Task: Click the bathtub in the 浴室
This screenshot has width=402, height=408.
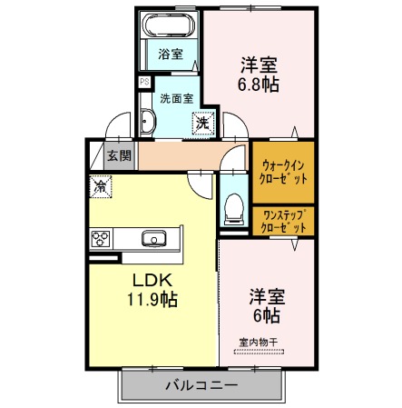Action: (x=169, y=25)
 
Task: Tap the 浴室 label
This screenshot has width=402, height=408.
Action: (x=171, y=55)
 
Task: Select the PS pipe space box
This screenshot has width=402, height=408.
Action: (x=144, y=82)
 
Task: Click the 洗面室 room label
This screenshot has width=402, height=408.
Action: (x=177, y=98)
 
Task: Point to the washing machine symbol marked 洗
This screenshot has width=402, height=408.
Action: (x=203, y=124)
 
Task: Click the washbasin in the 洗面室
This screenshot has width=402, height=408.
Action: (x=148, y=122)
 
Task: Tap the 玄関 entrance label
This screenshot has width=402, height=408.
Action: (x=120, y=155)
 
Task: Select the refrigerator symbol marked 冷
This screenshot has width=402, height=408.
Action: (x=101, y=187)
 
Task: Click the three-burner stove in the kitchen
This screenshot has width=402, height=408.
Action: (x=101, y=239)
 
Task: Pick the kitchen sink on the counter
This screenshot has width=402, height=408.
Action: (x=154, y=238)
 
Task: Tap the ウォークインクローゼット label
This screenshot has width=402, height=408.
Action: (x=283, y=173)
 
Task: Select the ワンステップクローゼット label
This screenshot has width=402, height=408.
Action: (x=283, y=221)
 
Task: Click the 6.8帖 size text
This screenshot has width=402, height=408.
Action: (x=259, y=85)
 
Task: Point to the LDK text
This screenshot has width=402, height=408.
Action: (x=152, y=280)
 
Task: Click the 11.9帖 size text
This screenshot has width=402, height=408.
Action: (x=152, y=300)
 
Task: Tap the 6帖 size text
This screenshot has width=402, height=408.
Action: (x=267, y=315)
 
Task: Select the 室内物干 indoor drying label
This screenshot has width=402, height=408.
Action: (x=259, y=343)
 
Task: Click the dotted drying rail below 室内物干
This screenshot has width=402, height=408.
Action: (x=260, y=352)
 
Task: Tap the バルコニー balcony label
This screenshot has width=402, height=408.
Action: (x=201, y=385)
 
